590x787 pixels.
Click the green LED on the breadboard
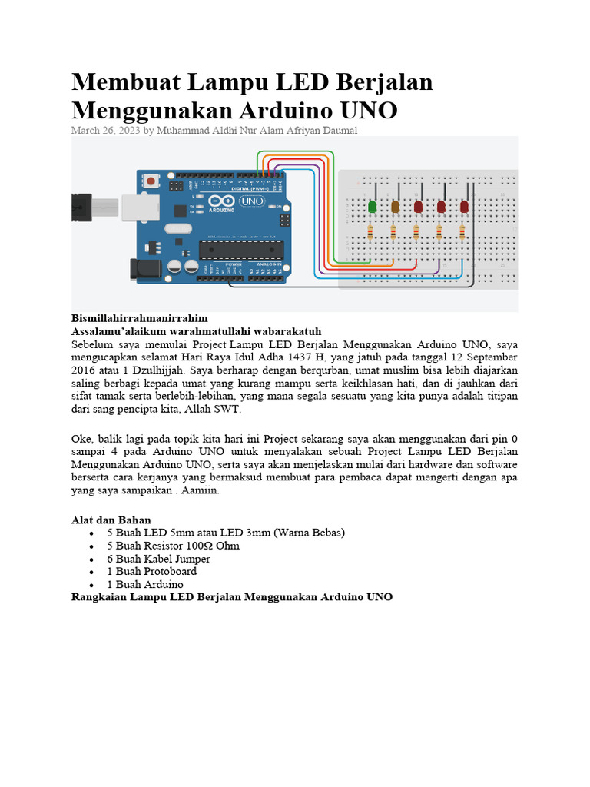click(373, 207)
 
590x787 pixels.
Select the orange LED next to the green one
click(396, 207)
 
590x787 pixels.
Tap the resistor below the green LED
click(373, 231)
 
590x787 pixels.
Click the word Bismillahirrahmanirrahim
click(139, 317)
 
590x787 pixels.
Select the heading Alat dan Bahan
click(111, 520)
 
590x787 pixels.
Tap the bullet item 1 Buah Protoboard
click(151, 571)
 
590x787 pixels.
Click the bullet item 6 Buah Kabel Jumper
click(158, 558)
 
